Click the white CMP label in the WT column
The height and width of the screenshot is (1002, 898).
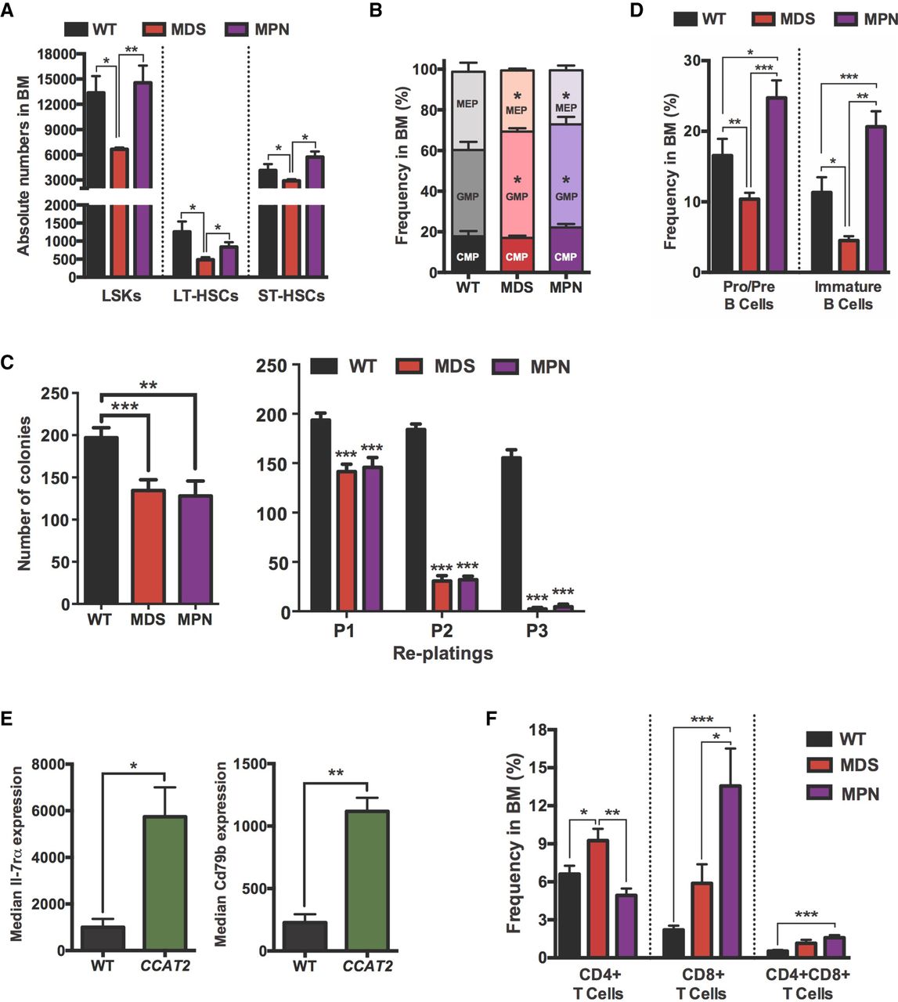pos(467,257)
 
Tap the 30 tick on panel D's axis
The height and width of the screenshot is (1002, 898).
pos(691,60)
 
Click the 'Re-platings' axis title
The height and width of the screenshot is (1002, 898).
pos(442,653)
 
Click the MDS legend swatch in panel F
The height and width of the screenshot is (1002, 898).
pos(819,766)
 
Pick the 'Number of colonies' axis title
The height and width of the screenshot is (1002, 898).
pos(24,493)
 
